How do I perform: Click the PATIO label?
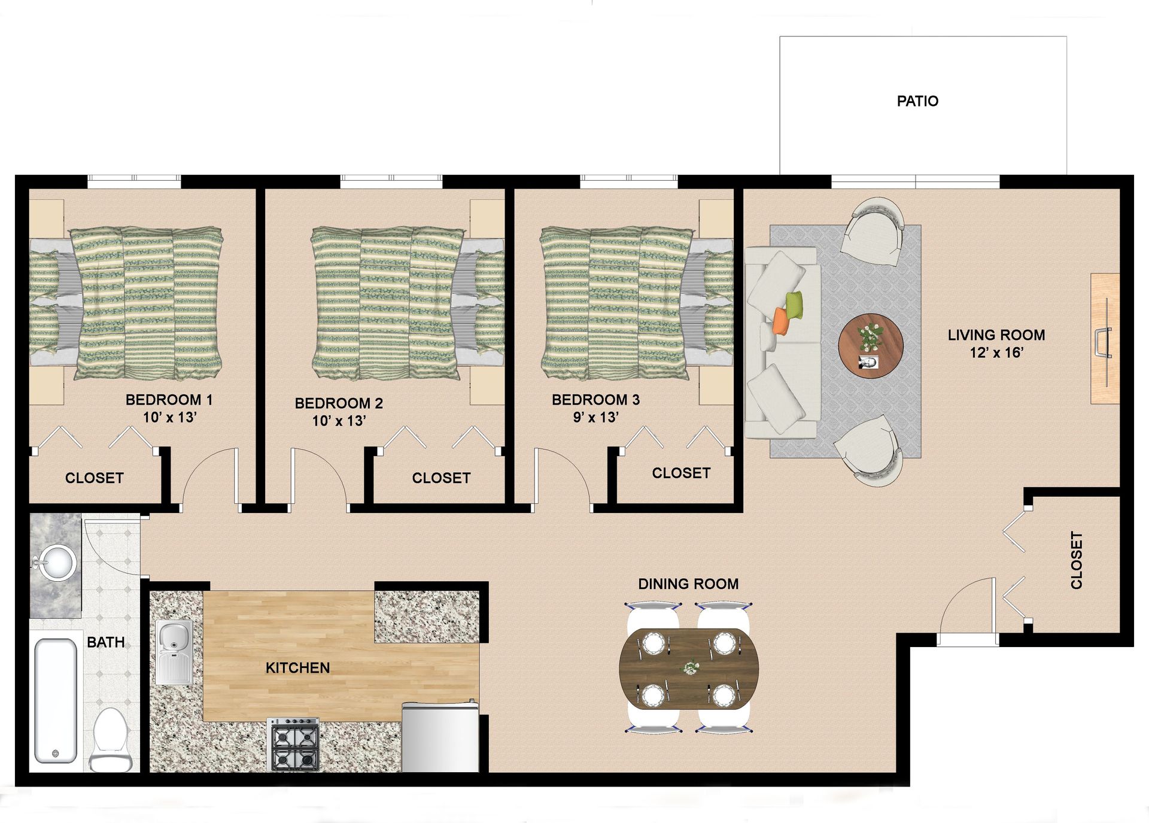coord(917,101)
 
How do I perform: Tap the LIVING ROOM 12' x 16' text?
coord(996,344)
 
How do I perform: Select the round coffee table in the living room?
coord(870,345)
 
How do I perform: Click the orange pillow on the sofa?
coord(781,321)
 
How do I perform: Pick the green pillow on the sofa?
coord(794,306)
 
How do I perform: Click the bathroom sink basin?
coord(57,562)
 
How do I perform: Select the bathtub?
coord(56,701)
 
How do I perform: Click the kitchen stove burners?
coord(293,745)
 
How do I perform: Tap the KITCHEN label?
coord(297,668)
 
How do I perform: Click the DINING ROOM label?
coord(688,584)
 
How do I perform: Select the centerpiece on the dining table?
coord(691,667)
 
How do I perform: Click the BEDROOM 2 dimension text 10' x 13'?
coord(339,421)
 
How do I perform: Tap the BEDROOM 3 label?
coord(595,400)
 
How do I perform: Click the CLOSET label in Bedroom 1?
coord(94,478)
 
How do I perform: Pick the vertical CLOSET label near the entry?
coord(1076,560)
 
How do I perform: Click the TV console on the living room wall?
coord(1105,339)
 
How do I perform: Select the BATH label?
coord(106,642)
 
